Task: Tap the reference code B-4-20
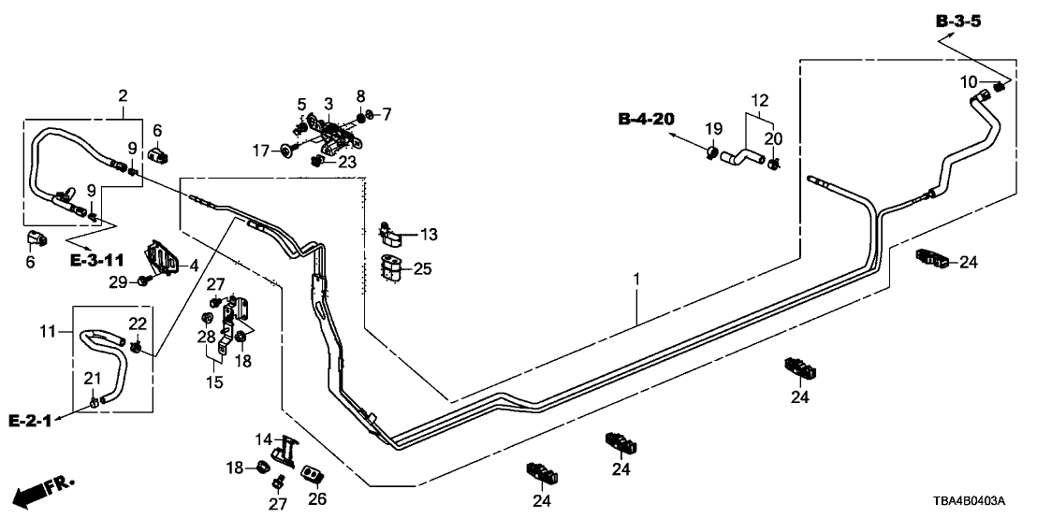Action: pos(645,119)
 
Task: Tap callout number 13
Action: pos(430,233)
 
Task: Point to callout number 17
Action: pos(261,150)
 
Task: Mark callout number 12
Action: pos(761,99)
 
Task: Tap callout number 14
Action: pos(263,439)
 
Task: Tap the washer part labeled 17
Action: pos(285,150)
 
